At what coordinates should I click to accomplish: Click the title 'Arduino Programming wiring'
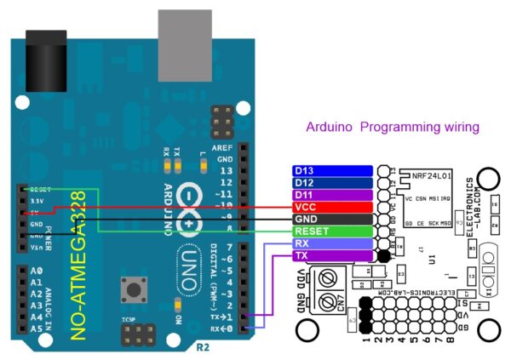393,127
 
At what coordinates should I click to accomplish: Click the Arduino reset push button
133,289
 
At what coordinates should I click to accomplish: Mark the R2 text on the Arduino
203,347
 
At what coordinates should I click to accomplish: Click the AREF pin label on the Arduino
224,147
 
